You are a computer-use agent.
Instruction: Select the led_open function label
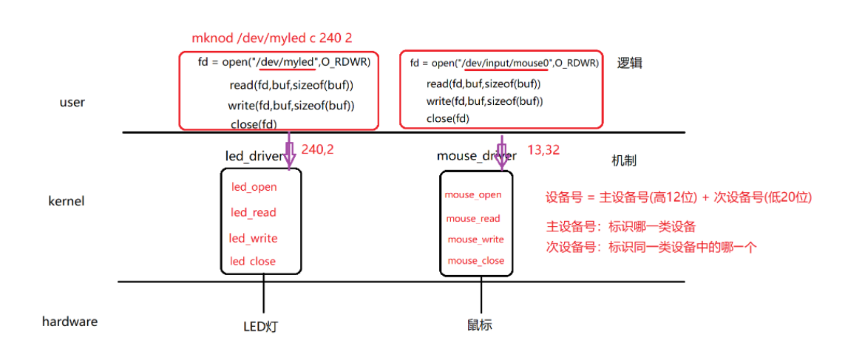[x=254, y=187]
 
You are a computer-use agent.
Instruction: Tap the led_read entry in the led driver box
[x=254, y=213]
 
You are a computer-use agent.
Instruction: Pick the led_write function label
[x=253, y=238]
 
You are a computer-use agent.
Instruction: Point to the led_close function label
[x=253, y=261]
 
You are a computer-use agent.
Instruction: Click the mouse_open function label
[x=473, y=195]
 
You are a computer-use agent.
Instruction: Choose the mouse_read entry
[x=473, y=219]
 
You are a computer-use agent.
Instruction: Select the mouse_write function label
[x=475, y=240]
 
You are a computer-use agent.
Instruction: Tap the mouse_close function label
[x=475, y=261]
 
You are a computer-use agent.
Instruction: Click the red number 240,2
[x=317, y=149]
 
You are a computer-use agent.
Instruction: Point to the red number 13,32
[x=543, y=150]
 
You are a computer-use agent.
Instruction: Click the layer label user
[x=72, y=103]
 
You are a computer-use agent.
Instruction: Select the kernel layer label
[x=67, y=201]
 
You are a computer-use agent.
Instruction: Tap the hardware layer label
[x=69, y=322]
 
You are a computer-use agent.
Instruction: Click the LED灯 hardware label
[x=263, y=326]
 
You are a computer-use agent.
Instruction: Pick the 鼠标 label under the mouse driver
[x=480, y=325]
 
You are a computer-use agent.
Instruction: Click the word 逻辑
[x=630, y=64]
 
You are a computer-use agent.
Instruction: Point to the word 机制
[x=624, y=161]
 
